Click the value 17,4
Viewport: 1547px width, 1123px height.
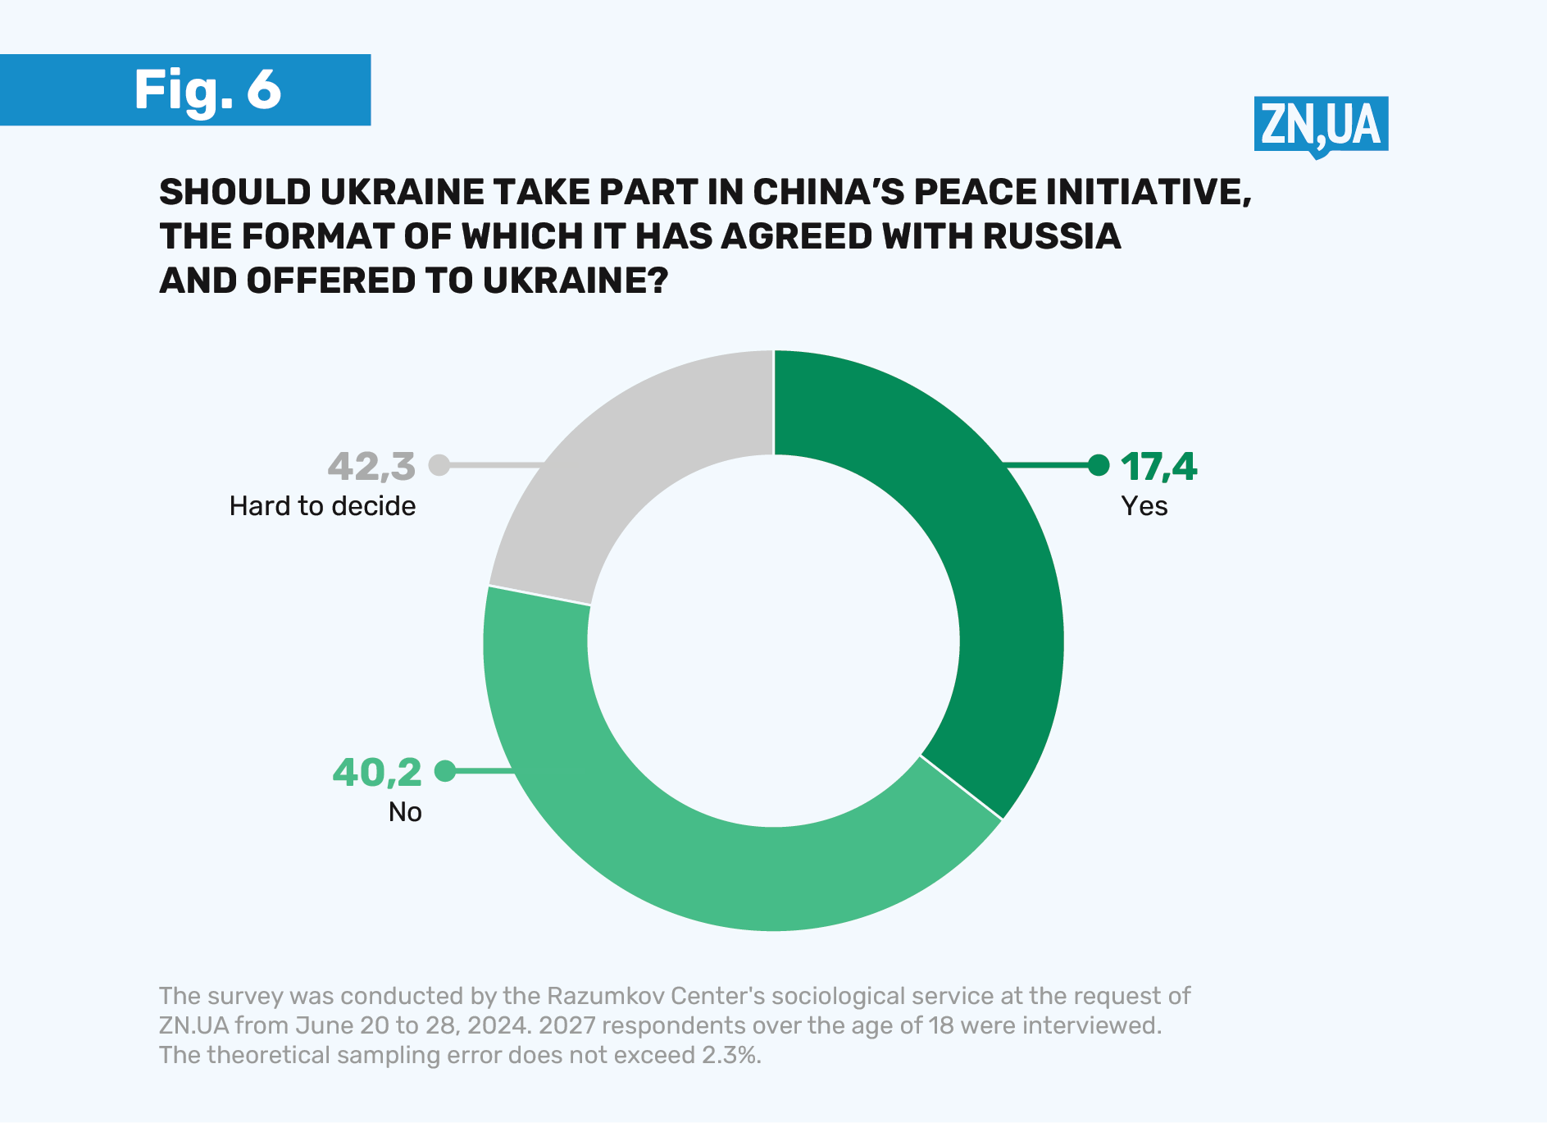[x=1158, y=467]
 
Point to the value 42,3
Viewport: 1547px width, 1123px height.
[x=371, y=467]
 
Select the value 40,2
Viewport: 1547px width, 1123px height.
[x=377, y=773]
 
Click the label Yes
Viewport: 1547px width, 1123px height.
[x=1144, y=506]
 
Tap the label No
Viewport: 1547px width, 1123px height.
[x=405, y=812]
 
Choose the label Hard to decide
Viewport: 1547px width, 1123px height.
[x=322, y=506]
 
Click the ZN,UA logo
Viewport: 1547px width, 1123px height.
[x=1320, y=126]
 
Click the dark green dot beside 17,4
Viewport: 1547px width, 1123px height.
[x=1099, y=465]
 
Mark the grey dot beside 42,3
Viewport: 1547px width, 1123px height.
[x=439, y=465]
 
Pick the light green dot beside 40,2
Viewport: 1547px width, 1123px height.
[x=445, y=771]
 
